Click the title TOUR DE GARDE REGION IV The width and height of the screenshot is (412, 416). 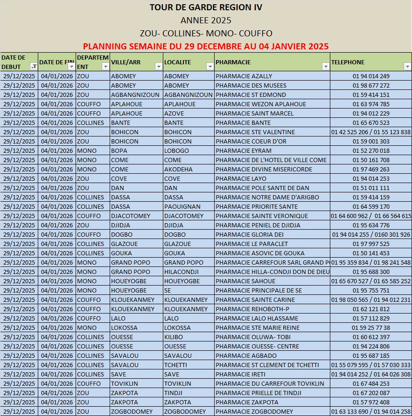206,7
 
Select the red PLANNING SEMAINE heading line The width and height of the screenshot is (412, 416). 206,47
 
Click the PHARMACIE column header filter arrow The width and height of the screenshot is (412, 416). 325,67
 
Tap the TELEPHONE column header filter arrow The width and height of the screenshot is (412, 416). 407,67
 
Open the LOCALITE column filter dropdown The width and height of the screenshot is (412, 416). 209,67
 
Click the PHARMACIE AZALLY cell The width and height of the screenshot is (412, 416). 244,76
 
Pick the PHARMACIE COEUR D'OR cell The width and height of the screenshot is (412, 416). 251,142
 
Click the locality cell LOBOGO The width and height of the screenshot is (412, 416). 176,151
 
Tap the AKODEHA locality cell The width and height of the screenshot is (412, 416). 178,170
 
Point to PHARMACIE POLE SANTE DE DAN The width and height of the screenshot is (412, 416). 262,188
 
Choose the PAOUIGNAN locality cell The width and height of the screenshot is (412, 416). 182,207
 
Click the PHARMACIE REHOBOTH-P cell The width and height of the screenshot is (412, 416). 252,309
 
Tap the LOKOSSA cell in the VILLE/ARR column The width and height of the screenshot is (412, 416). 124,328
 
